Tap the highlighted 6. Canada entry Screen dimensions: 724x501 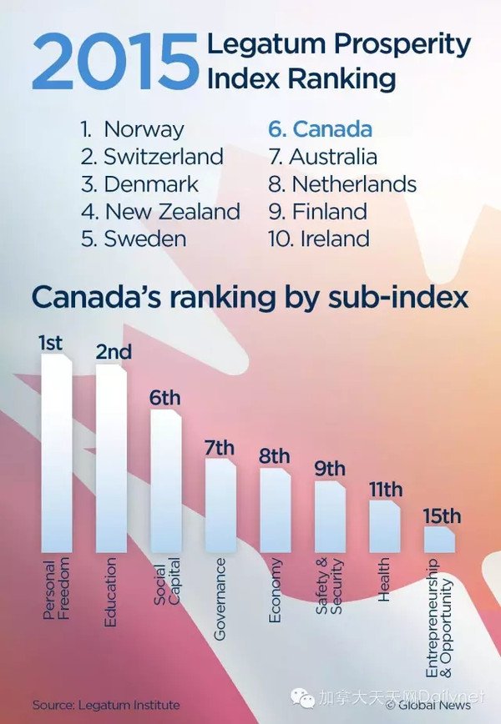click(320, 129)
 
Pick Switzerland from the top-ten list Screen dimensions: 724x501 click(152, 157)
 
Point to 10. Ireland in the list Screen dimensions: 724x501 click(318, 239)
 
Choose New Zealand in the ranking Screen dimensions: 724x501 click(160, 212)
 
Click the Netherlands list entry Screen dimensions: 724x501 click(342, 184)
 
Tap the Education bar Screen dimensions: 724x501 click(111, 458)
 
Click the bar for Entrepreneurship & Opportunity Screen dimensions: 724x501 click(439, 539)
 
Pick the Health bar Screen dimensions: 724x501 click(385, 525)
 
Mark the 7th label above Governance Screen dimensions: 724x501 click(220, 448)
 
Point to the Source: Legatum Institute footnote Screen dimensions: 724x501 click(106, 705)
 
